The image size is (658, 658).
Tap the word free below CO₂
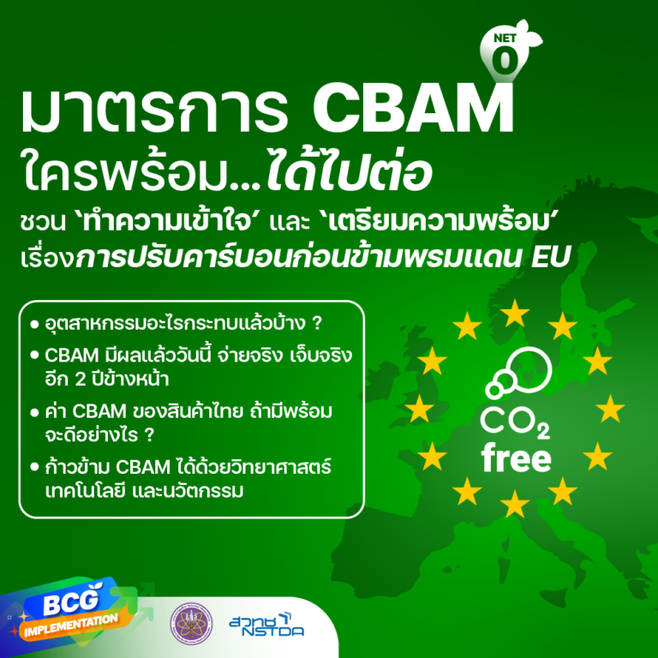[x=515, y=459]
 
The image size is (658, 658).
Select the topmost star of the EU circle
[x=514, y=314]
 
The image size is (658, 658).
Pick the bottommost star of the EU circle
[x=514, y=504]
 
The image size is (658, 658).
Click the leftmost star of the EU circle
[x=418, y=409]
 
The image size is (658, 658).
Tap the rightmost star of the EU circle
[x=610, y=409]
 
